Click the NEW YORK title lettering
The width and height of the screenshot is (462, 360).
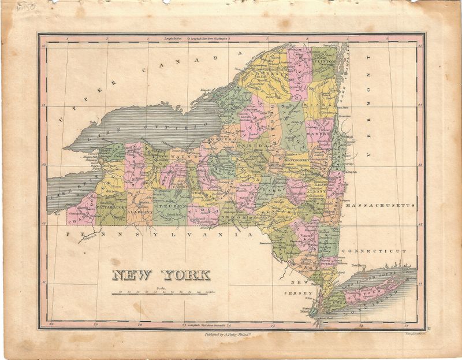point(161,274)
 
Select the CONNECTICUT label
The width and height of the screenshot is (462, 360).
point(374,251)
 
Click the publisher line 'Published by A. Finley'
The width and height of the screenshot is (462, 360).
point(230,333)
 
